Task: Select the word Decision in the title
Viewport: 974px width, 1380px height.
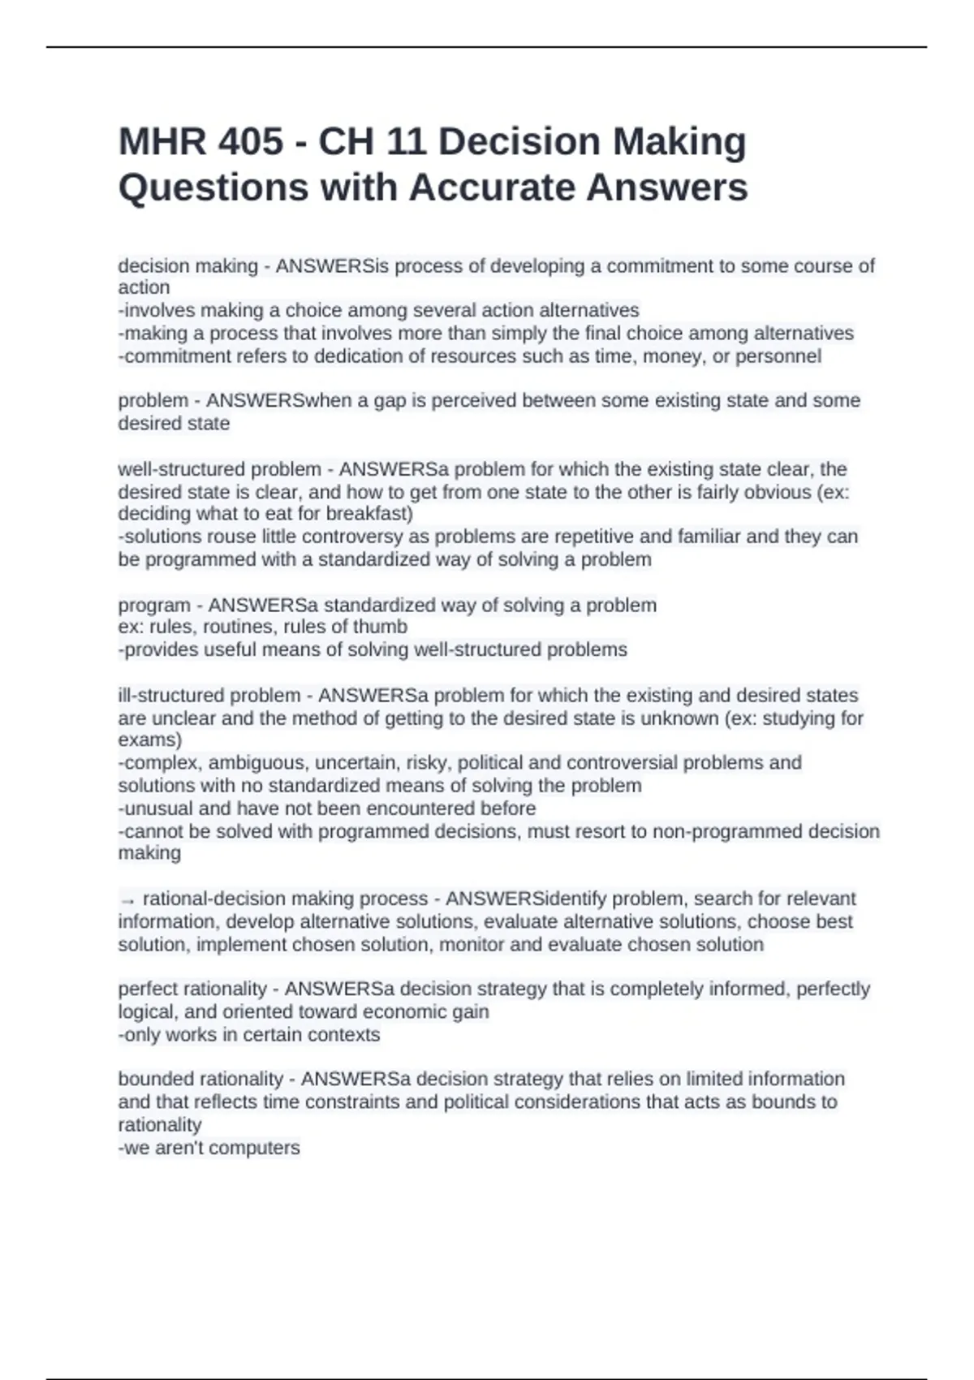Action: [519, 142]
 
